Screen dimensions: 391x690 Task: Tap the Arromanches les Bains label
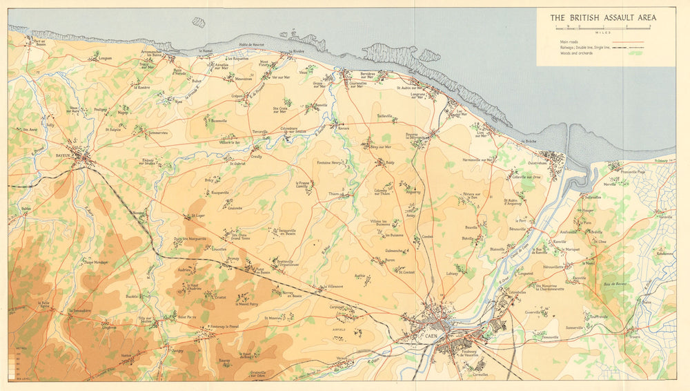[151, 54]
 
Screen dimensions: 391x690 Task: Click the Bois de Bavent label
[611, 283]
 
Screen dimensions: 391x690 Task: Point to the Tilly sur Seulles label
[145, 320]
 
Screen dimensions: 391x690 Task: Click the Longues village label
[105, 58]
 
